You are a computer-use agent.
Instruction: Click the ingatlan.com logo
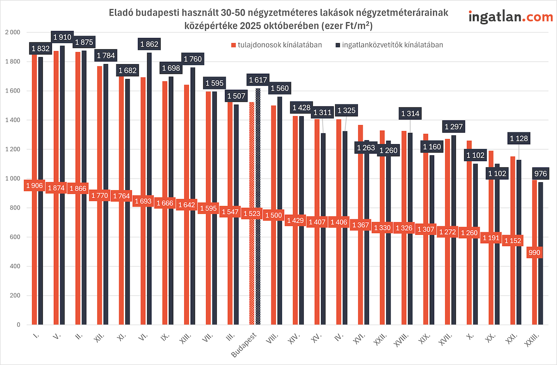[511, 17]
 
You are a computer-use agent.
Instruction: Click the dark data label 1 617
[258, 80]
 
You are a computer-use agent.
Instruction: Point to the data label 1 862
[149, 45]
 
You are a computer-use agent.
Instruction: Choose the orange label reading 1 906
[34, 186]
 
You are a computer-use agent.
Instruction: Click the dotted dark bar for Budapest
[258, 209]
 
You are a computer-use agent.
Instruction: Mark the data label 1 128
[519, 138]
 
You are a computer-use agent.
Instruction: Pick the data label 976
[541, 174]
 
